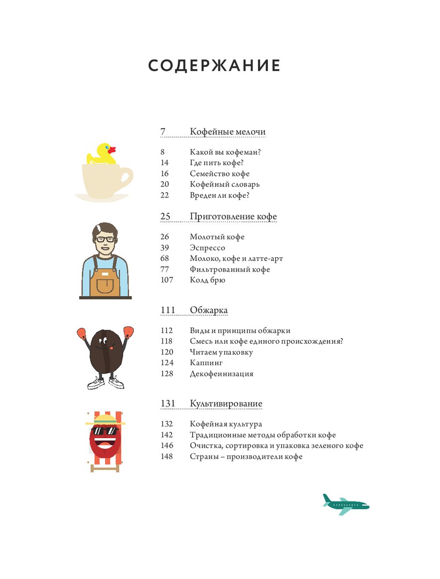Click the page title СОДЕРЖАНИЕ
[x=214, y=66]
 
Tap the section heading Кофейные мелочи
[x=227, y=132]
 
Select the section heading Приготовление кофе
[x=233, y=216]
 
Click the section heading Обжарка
[x=209, y=310]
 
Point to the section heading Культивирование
[x=226, y=403]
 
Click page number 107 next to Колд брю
[x=167, y=280]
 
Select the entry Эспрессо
[x=207, y=248]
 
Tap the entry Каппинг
[x=206, y=363]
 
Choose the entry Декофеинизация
[x=221, y=374]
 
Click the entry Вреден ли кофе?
[x=219, y=195]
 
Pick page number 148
[x=167, y=456]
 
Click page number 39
[x=165, y=248]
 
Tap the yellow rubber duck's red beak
[x=112, y=150]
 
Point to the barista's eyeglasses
[x=105, y=240]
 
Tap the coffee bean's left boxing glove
[x=82, y=333]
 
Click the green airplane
[x=345, y=504]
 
